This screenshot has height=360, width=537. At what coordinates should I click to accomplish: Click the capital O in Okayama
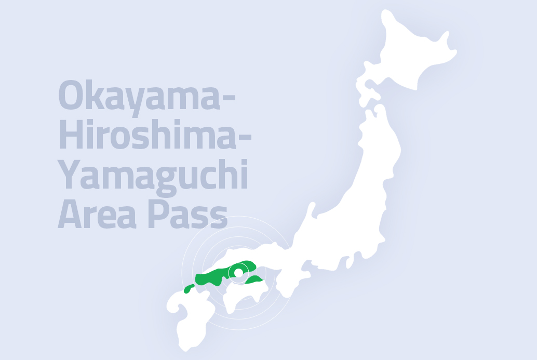click(70, 96)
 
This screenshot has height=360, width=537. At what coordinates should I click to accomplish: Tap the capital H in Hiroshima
click(69, 136)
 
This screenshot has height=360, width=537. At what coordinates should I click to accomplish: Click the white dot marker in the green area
click(238, 272)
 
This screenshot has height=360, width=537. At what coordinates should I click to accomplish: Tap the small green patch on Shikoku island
click(255, 280)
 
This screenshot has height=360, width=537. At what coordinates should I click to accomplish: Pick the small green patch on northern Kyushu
click(189, 288)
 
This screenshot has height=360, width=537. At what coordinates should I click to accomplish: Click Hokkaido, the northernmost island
click(410, 52)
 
